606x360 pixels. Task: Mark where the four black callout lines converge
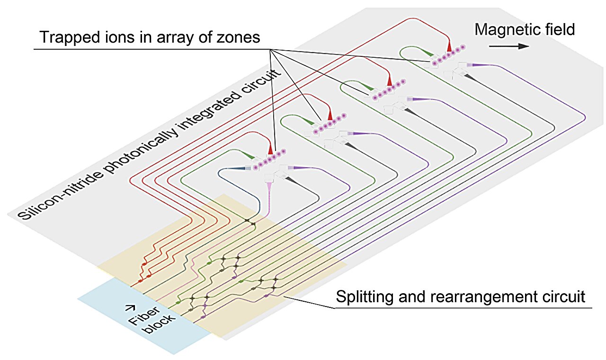(x=270, y=49)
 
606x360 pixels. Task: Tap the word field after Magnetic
(x=559, y=29)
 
